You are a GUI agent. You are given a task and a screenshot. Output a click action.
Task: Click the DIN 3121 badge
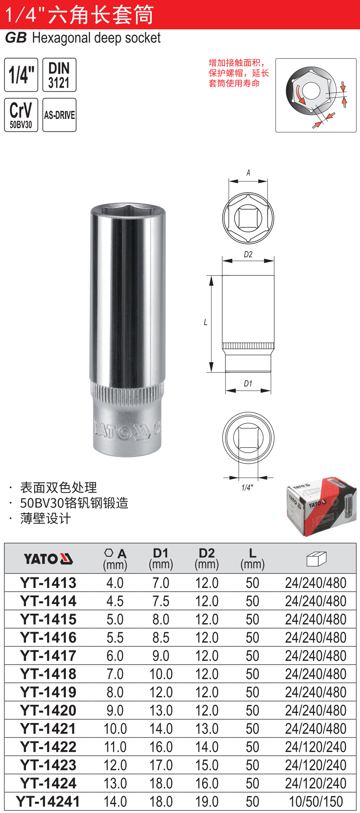click(x=59, y=75)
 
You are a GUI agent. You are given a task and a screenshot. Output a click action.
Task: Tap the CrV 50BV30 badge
click(x=21, y=115)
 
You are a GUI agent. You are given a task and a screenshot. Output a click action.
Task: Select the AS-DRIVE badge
click(x=59, y=115)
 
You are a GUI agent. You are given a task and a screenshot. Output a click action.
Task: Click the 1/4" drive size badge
click(x=21, y=75)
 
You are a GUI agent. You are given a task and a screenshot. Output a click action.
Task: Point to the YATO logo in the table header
click(x=48, y=559)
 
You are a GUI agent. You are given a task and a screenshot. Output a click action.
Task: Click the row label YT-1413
click(x=48, y=583)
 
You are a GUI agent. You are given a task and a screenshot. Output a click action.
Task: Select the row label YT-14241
click(x=48, y=802)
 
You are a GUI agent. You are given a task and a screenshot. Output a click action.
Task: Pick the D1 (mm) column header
click(x=161, y=559)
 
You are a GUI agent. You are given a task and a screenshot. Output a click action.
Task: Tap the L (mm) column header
click(x=252, y=559)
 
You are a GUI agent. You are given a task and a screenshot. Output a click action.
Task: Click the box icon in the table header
click(x=316, y=559)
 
